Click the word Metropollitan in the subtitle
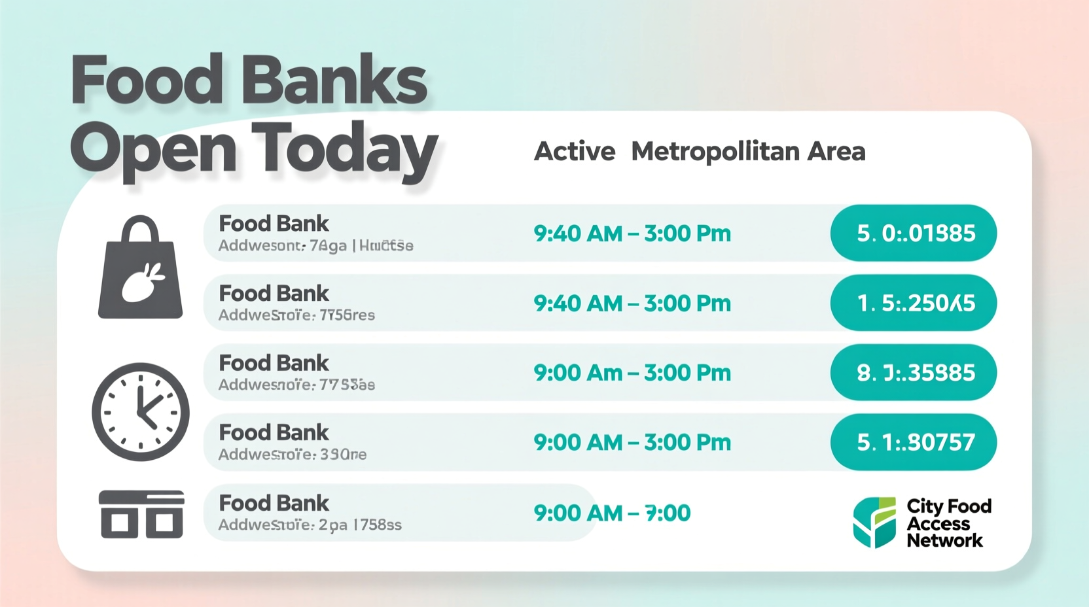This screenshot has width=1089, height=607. click(715, 152)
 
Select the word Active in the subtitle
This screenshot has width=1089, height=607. click(575, 152)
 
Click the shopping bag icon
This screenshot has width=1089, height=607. click(140, 275)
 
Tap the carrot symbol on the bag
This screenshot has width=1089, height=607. click(144, 283)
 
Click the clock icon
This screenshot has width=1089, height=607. click(141, 412)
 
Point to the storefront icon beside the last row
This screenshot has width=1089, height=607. click(141, 514)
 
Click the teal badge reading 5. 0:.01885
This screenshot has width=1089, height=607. click(914, 233)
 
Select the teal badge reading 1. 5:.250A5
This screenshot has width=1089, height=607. click(914, 303)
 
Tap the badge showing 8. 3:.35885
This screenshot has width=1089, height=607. click(914, 372)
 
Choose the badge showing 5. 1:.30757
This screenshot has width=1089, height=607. click(914, 442)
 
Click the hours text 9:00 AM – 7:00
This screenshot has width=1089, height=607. click(612, 513)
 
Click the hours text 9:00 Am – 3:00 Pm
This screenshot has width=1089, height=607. click(632, 373)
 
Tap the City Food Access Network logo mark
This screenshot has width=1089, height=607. click(874, 522)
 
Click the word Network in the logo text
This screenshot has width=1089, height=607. click(944, 540)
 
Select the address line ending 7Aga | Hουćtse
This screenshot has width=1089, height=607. click(315, 246)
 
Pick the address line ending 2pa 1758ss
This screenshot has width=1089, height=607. click(310, 525)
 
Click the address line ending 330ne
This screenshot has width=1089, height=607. click(292, 454)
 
